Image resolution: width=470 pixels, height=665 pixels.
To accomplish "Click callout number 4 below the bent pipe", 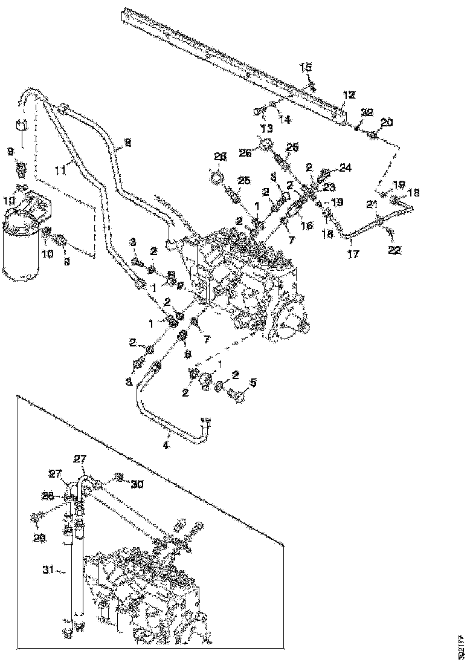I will [166, 446].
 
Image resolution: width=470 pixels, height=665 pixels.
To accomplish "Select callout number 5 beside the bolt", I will [254, 382].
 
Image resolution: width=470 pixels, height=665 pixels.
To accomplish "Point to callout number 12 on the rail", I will [350, 96].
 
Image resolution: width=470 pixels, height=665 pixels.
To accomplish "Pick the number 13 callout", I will [266, 128].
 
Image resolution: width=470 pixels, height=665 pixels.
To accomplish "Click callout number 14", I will [285, 119].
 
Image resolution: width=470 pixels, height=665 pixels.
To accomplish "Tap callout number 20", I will [387, 123].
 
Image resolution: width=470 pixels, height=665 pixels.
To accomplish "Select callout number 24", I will [345, 167].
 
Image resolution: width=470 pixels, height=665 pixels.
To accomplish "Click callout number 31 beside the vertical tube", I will [50, 569].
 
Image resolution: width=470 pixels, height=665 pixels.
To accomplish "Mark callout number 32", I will [367, 112].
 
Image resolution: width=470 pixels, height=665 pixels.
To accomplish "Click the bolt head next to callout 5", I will [239, 396].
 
